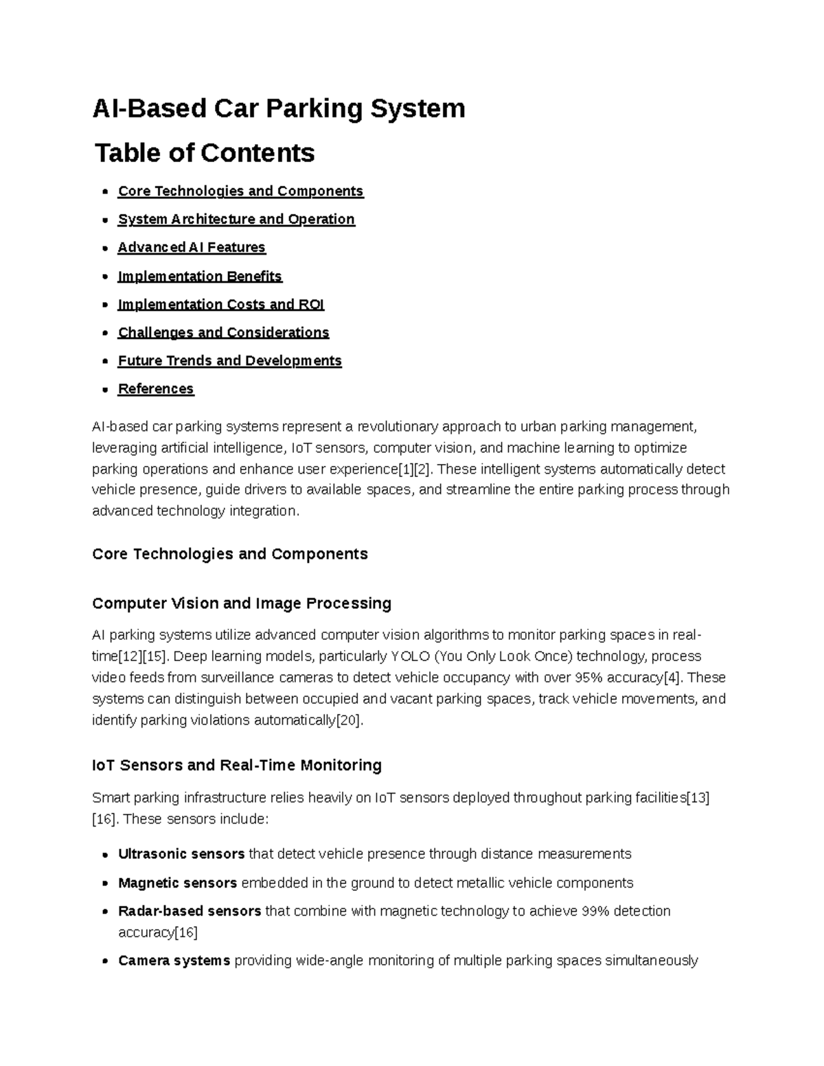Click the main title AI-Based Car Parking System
[x=279, y=108]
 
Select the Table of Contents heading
[x=205, y=152]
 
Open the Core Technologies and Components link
[x=240, y=191]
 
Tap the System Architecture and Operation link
[x=236, y=219]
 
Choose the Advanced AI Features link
[x=192, y=247]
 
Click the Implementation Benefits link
[x=200, y=276]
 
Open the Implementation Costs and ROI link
[x=221, y=304]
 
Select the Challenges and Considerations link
[x=223, y=332]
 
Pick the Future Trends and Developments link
[x=229, y=360]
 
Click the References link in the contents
[x=156, y=389]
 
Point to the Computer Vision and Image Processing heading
[x=242, y=603]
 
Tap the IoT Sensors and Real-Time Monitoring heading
[x=237, y=765]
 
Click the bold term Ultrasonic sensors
[x=181, y=854]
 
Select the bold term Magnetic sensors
[x=177, y=883]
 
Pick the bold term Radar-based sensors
[x=190, y=911]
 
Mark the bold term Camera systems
[x=174, y=960]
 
